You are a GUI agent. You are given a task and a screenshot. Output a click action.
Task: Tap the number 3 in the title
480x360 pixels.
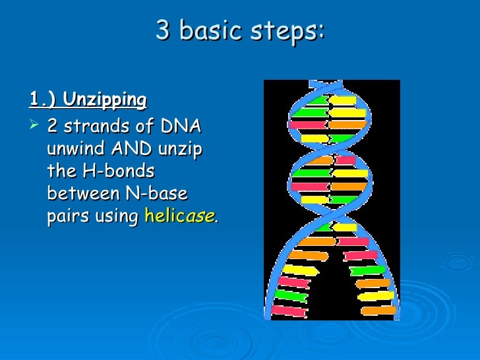(163, 30)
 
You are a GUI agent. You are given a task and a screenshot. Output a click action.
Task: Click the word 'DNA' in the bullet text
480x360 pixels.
(183, 127)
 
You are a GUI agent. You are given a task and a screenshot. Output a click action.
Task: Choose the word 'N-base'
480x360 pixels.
(155, 194)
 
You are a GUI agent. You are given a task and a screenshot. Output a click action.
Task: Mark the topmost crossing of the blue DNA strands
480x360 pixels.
(330, 86)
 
